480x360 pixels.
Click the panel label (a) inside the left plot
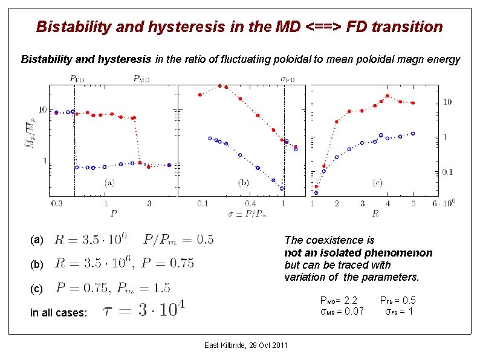pyautogui.click(x=110, y=182)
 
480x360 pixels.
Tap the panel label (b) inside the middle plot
pyautogui.click(x=244, y=182)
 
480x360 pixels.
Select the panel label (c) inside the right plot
pyautogui.click(x=377, y=182)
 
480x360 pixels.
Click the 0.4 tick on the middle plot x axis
pyautogui.click(x=249, y=203)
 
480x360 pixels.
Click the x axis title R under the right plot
pyautogui.click(x=375, y=213)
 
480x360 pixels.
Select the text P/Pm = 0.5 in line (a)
pyautogui.click(x=178, y=240)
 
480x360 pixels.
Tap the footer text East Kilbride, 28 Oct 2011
pyautogui.click(x=245, y=345)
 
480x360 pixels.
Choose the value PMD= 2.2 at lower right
pyautogui.click(x=339, y=301)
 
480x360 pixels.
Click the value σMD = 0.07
pyautogui.click(x=342, y=312)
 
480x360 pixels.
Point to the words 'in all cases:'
pyautogui.click(x=58, y=313)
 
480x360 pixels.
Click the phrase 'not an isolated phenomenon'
pyautogui.click(x=358, y=253)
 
